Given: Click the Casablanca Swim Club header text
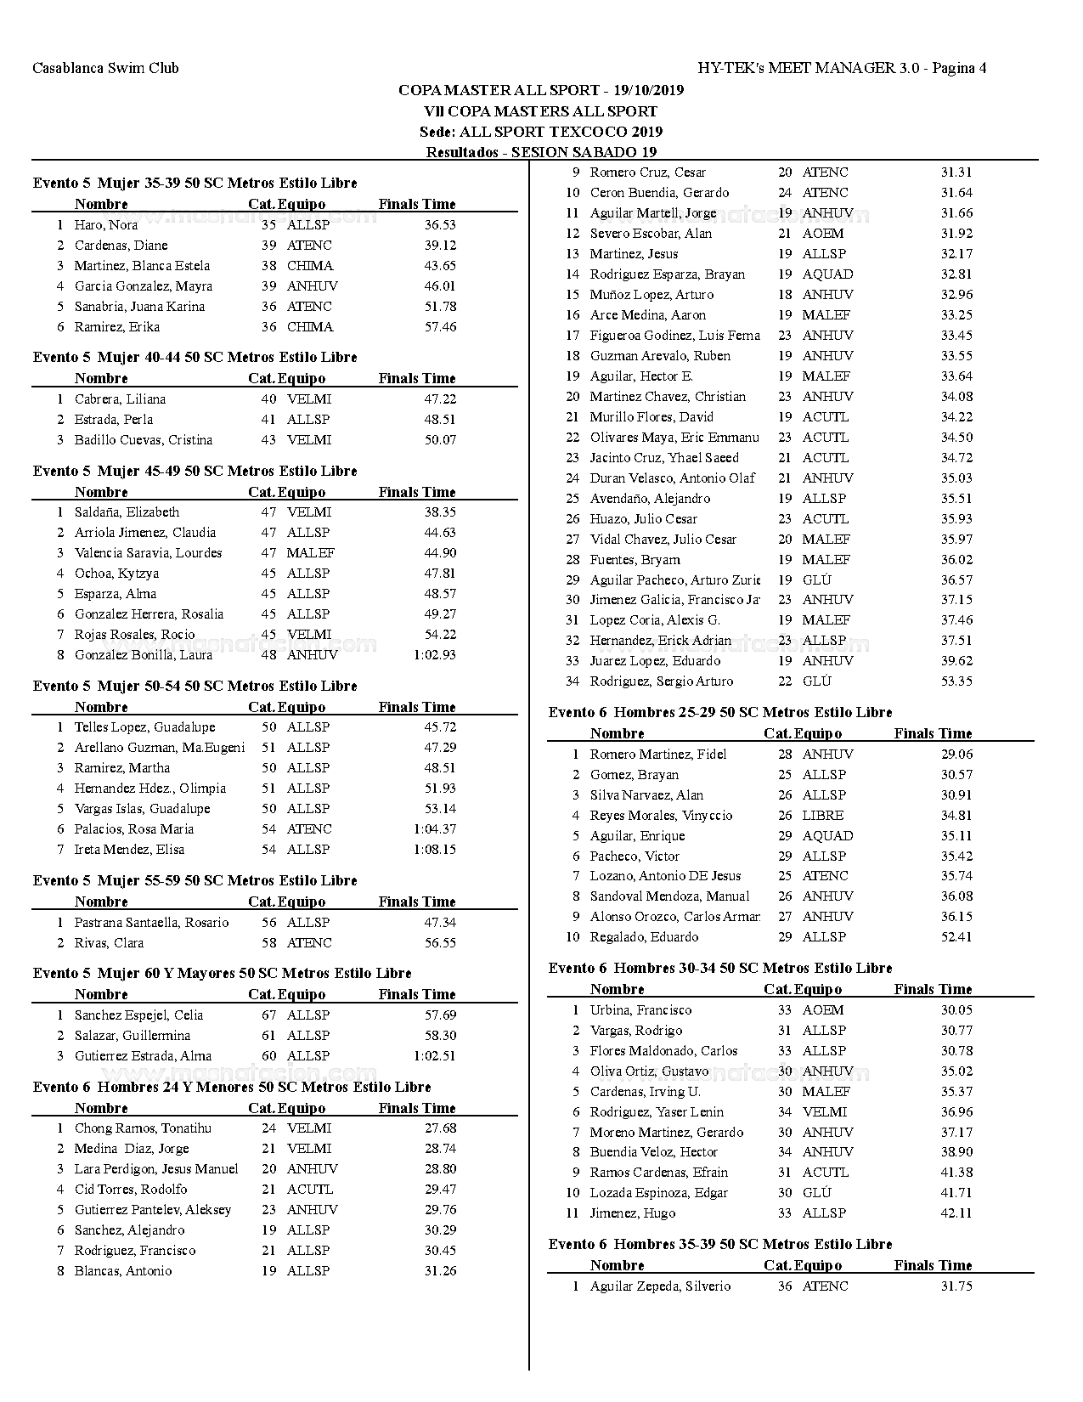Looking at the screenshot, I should click(x=105, y=68).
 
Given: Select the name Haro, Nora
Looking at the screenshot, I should click(x=105, y=225).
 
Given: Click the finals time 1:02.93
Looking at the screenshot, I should click(x=434, y=655).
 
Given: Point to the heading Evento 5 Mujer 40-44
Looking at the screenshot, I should click(x=195, y=357).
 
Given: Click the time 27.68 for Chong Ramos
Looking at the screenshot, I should click(x=440, y=1128).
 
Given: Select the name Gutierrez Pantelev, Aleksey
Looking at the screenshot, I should click(x=152, y=1210).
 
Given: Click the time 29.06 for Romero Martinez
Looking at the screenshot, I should click(x=956, y=755).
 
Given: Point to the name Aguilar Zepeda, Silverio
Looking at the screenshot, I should click(x=660, y=1286).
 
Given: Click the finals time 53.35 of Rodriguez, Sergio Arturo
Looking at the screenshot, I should click(x=956, y=681).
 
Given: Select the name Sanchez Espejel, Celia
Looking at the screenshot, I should click(x=138, y=1015).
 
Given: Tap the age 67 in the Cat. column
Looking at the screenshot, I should click(x=268, y=1015).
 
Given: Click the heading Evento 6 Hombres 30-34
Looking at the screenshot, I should click(x=720, y=968).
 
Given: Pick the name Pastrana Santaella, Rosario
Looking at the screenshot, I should click(x=151, y=923).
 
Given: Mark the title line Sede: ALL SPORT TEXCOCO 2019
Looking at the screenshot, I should click(x=540, y=132).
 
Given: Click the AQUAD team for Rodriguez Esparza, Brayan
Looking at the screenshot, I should click(x=827, y=274).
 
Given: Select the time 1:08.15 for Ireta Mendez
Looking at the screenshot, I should click(x=434, y=850).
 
